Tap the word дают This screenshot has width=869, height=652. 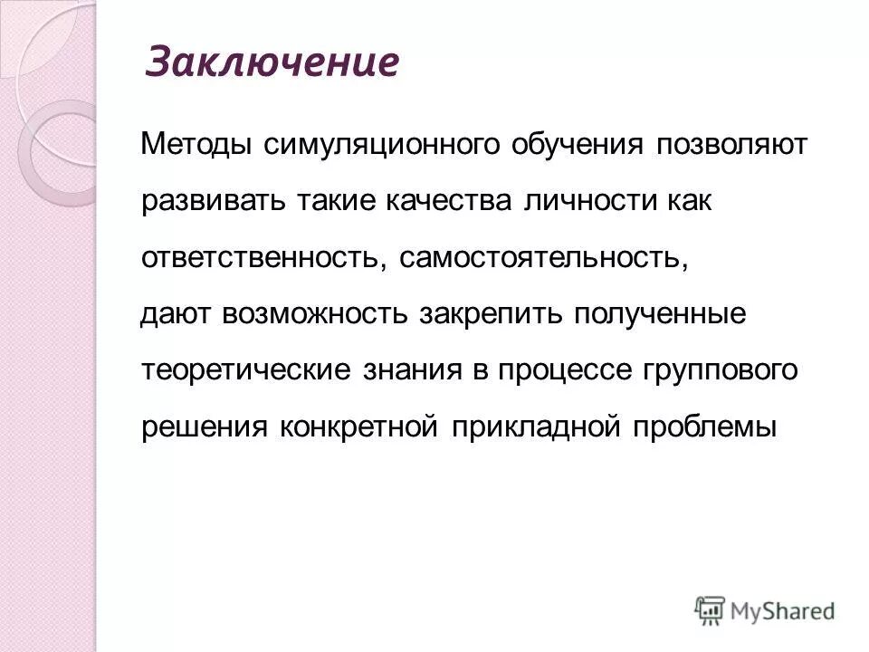(177, 313)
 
